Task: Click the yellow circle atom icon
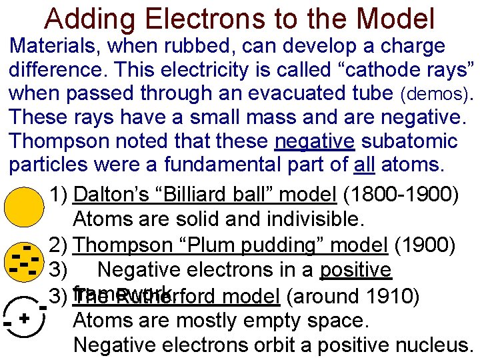point(23,207)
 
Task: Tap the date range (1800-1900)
point(401,195)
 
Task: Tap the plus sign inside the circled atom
point(23,318)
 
